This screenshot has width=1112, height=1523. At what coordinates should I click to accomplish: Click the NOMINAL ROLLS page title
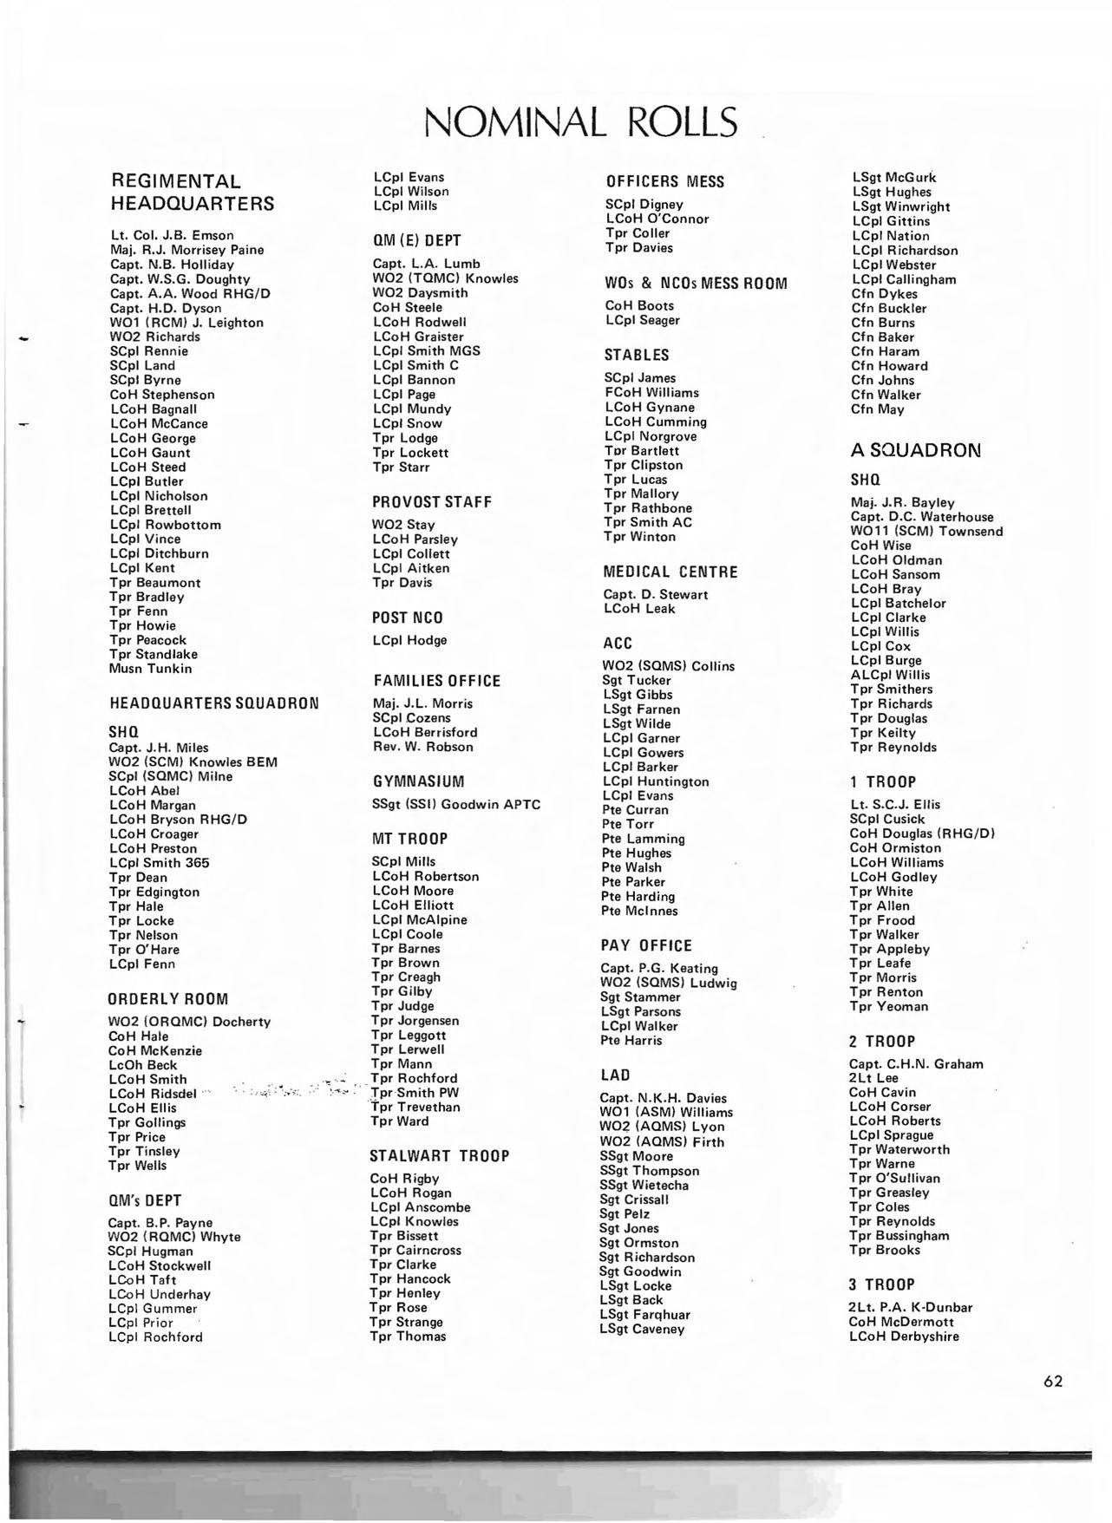(580, 122)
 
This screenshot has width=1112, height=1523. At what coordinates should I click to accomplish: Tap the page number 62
(1053, 1382)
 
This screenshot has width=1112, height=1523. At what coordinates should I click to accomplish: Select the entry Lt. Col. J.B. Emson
(172, 235)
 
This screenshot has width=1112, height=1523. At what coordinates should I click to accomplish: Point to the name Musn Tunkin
(151, 669)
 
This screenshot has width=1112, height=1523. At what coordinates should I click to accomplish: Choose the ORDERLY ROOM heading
(167, 999)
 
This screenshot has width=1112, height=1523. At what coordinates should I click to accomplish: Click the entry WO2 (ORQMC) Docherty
(189, 1022)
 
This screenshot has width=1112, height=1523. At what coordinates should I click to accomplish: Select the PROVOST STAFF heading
(432, 502)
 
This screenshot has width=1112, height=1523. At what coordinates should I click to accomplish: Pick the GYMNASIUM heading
(419, 781)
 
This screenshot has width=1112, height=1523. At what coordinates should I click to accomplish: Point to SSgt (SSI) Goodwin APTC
(455, 804)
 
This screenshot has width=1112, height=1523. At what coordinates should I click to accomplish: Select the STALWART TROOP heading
(439, 1156)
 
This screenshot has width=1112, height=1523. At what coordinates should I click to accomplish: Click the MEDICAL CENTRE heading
(670, 572)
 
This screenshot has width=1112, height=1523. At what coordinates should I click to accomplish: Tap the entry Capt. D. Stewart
(656, 595)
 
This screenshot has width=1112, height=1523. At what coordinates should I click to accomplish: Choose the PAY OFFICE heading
(646, 946)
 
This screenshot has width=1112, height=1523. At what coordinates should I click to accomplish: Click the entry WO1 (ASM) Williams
(666, 1112)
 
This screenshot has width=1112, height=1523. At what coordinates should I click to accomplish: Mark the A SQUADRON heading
(915, 451)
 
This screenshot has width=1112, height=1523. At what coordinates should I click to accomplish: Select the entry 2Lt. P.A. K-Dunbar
(911, 1307)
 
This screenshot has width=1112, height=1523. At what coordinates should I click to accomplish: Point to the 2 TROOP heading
(882, 1042)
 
